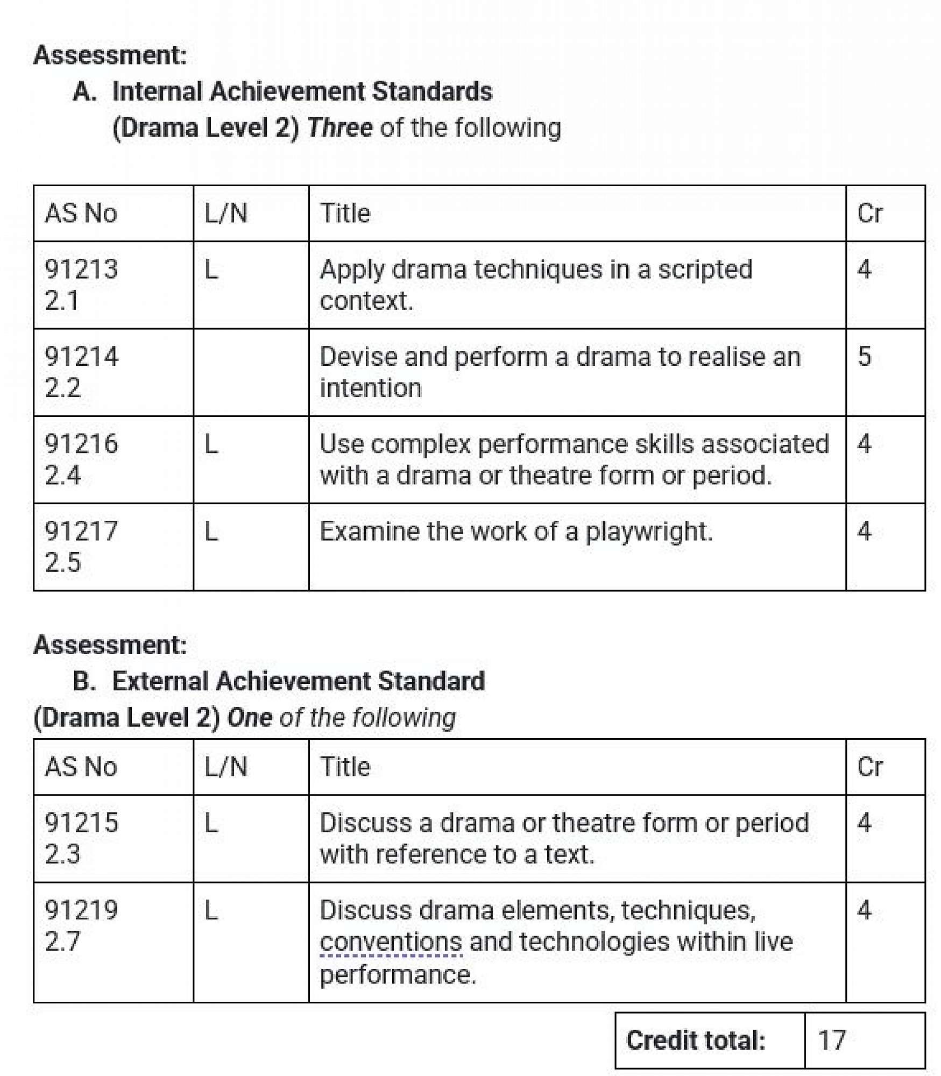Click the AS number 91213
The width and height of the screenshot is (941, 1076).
click(81, 269)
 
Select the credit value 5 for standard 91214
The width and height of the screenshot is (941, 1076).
click(864, 356)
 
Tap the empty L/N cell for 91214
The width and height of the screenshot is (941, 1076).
click(251, 372)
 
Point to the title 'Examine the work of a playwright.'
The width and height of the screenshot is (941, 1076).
click(516, 532)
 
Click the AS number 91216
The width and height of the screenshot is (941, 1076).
click(81, 444)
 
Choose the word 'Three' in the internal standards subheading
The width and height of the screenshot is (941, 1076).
click(339, 128)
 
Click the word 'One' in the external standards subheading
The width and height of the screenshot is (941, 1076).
click(250, 718)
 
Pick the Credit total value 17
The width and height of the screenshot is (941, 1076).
click(832, 1040)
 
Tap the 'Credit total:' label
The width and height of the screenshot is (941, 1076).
click(696, 1040)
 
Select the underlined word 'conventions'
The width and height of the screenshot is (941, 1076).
click(391, 942)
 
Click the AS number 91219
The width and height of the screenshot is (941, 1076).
click(81, 910)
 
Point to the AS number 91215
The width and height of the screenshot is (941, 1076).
click(81, 823)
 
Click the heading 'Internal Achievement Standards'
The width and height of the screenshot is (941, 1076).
click(302, 91)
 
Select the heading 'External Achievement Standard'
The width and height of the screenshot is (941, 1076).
click(298, 681)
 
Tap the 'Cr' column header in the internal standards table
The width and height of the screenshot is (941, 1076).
click(869, 213)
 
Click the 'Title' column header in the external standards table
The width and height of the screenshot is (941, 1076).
click(345, 767)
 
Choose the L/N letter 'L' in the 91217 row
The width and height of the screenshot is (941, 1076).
click(211, 532)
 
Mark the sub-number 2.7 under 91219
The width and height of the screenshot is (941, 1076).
click(62, 942)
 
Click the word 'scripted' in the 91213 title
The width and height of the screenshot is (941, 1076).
click(705, 270)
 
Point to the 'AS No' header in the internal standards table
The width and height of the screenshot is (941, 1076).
click(81, 213)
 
